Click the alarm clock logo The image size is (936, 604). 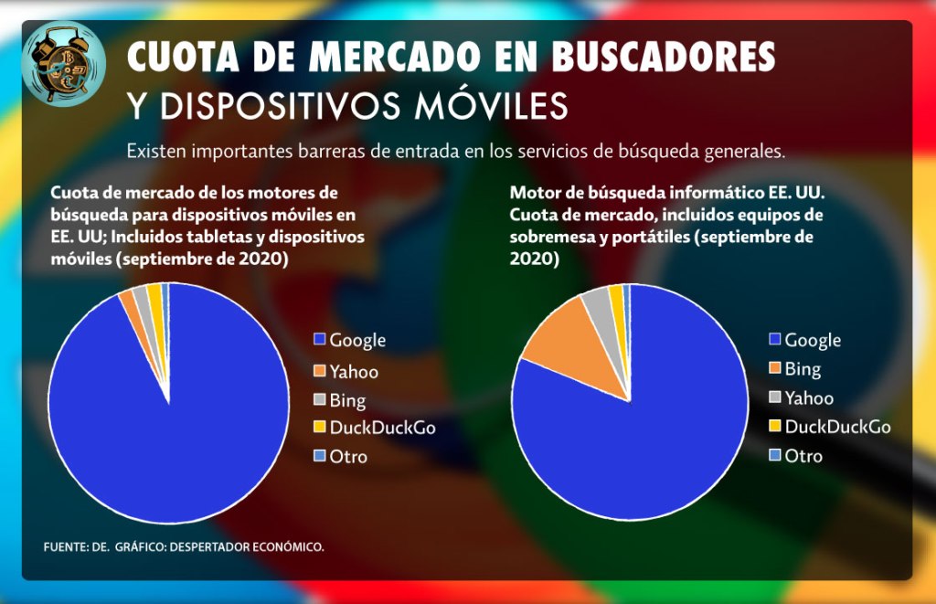pos(63,62)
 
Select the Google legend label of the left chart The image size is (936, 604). pos(357,340)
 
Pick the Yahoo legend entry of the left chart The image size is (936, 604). pos(354,371)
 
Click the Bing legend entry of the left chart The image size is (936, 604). pos(347,400)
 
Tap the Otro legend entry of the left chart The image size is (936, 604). pos(348,455)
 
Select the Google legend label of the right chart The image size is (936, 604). pos(813,340)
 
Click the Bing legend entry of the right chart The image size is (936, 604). pos(803,369)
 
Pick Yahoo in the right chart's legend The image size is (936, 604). pos(809,397)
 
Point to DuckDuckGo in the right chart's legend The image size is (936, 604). pos(837,426)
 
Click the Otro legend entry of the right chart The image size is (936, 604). pos(803,455)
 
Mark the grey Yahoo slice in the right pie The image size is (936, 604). pos(600,315)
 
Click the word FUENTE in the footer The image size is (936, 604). pos(63,546)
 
